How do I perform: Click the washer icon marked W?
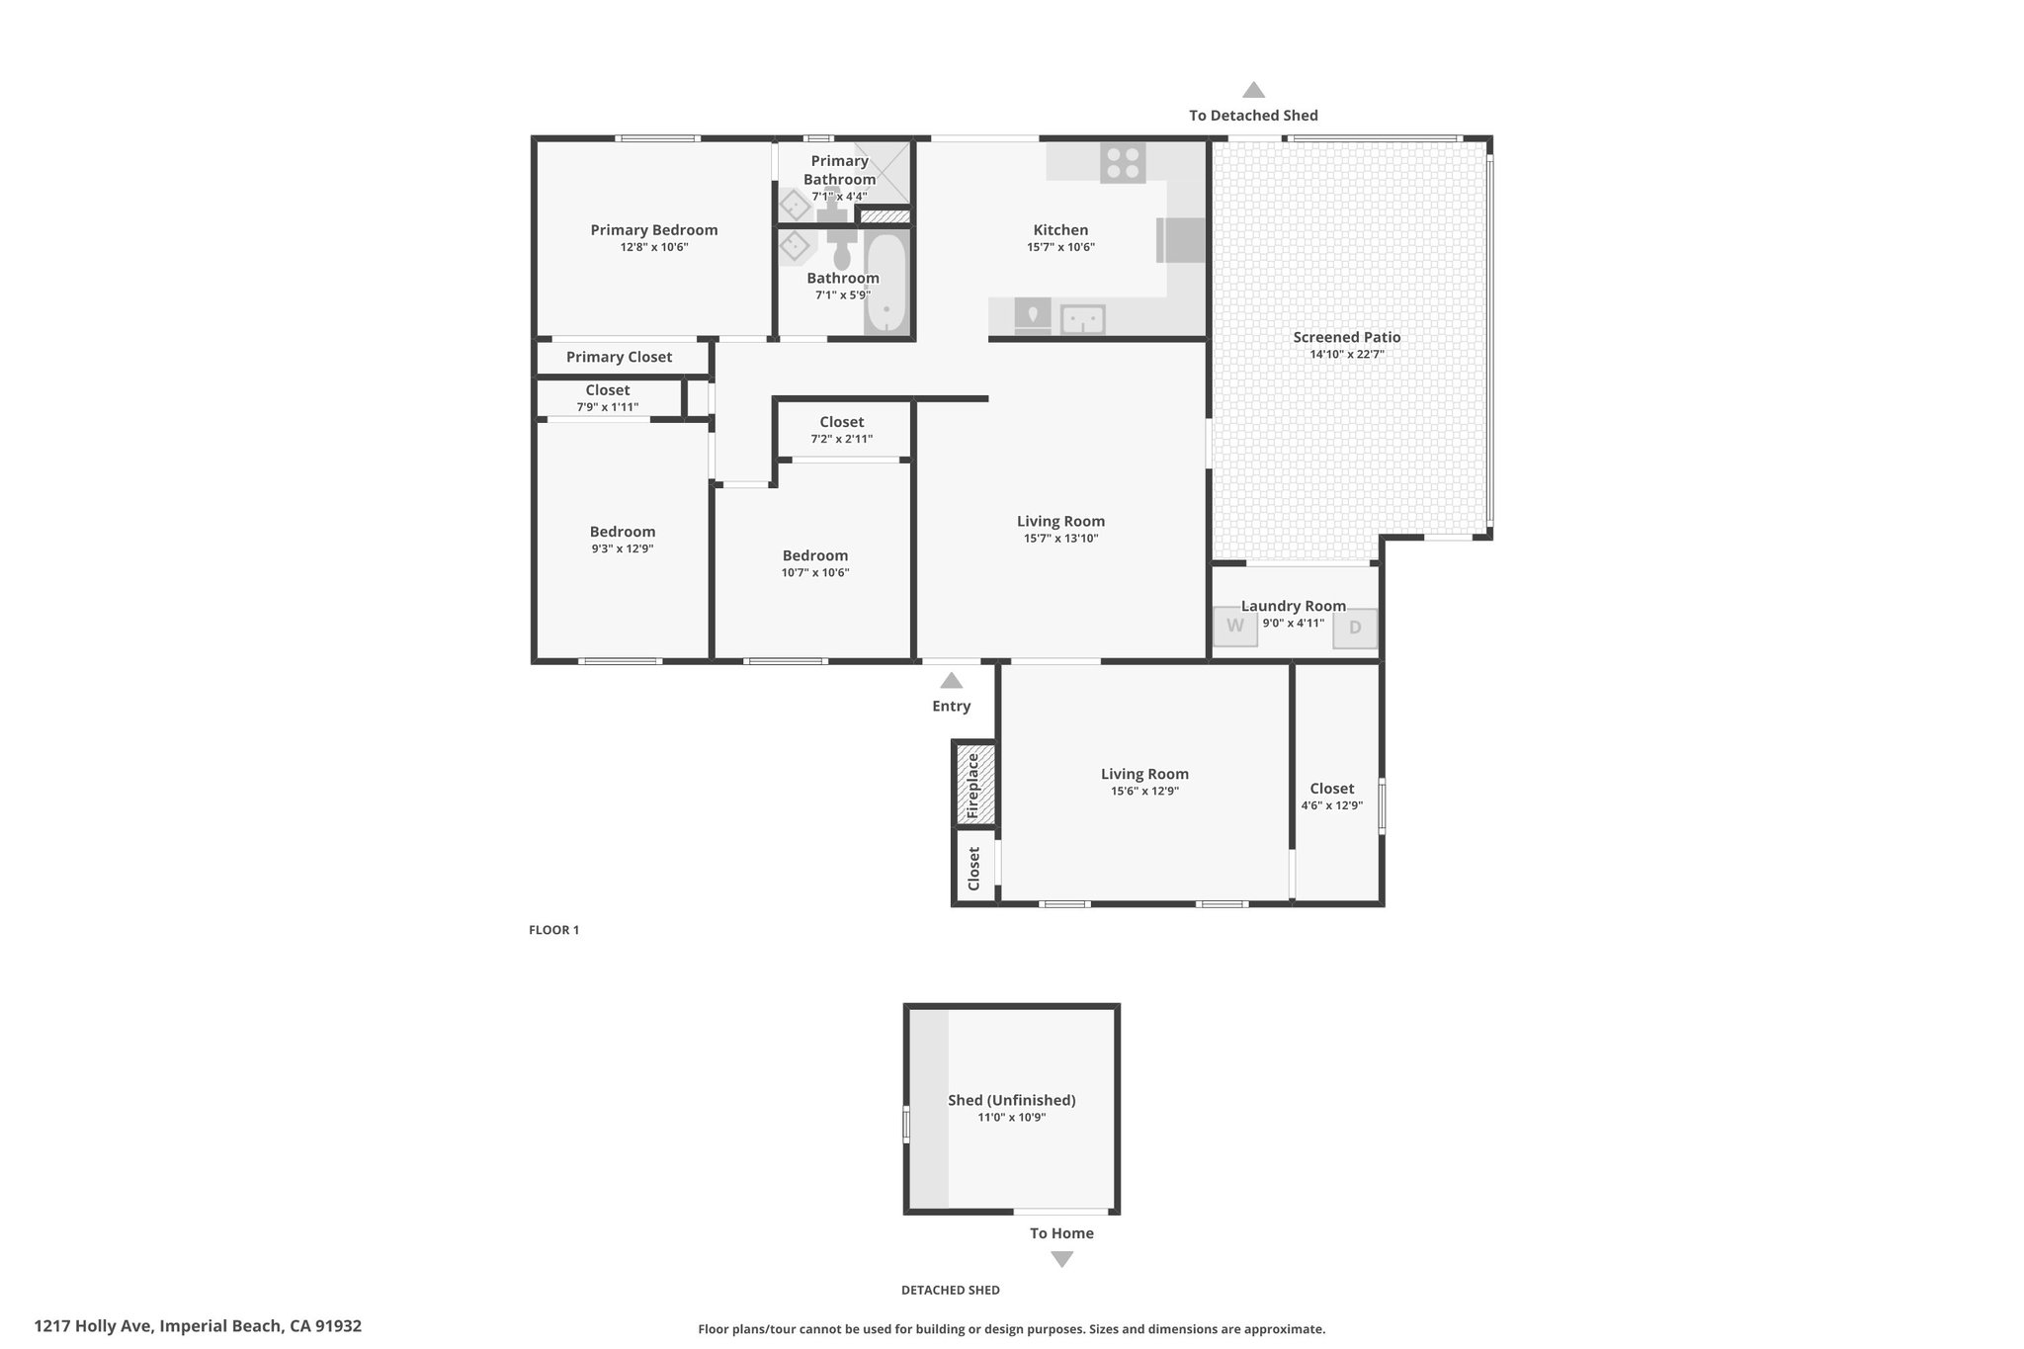tap(1235, 626)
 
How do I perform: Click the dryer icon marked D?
tap(1355, 628)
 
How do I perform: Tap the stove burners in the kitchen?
tap(1123, 163)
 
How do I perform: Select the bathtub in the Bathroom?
tap(886, 284)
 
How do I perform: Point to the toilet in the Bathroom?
tap(842, 247)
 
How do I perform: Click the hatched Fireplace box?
tap(973, 783)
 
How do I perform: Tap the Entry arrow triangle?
tap(951, 680)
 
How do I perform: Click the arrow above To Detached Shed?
tap(1253, 90)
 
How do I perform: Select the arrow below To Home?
tap(1061, 1259)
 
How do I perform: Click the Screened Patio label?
tap(1347, 337)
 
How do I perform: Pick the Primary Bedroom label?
tap(654, 230)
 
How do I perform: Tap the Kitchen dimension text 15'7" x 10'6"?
tap(1061, 248)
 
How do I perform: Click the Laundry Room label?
tap(1294, 606)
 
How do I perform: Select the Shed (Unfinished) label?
tap(1012, 1100)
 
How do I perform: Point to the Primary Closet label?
tap(619, 357)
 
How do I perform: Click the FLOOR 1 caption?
tap(554, 930)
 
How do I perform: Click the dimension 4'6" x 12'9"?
tap(1332, 805)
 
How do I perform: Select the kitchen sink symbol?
tap(1083, 319)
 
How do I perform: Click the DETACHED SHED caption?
tap(951, 1290)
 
